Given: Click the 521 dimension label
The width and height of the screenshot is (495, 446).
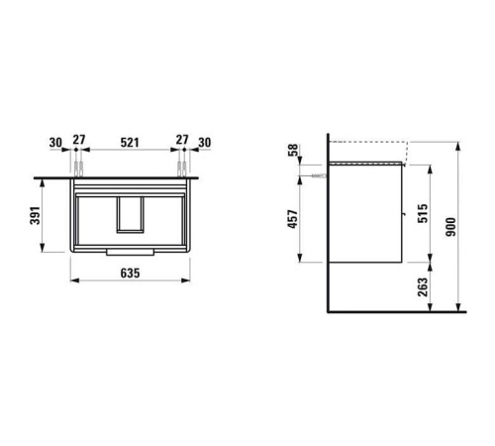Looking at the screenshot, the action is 130,143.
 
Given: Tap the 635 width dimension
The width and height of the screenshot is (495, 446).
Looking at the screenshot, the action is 130,274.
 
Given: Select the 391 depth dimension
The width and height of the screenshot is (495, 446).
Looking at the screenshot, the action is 36,215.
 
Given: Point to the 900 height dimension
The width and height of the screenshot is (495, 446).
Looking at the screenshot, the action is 450,227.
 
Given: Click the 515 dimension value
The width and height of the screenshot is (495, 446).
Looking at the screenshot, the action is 423,213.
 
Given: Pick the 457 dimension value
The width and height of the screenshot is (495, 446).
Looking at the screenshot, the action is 293,219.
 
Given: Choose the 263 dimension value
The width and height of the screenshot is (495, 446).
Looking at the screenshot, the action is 423,287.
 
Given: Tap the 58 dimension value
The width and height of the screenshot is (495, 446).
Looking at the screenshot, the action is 293,150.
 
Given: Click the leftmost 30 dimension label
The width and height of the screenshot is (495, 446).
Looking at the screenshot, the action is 55,143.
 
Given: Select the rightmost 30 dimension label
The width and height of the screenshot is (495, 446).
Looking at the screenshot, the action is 204,143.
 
